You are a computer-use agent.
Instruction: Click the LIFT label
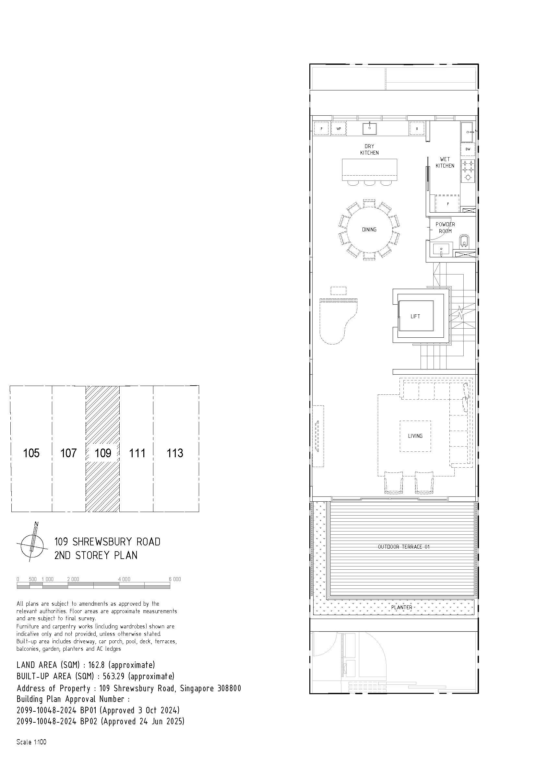415,316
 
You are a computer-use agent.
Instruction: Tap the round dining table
369,229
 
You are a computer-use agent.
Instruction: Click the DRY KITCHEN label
369,149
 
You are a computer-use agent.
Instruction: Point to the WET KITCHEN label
445,162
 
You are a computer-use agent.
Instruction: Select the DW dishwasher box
468,149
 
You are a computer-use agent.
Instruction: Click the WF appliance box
339,129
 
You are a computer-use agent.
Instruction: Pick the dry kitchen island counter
370,170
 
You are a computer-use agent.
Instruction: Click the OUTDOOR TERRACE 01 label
404,547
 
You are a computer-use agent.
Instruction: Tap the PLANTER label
401,607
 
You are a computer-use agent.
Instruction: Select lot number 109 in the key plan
103,453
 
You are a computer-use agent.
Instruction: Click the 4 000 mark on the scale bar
124,579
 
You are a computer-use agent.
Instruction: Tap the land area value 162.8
96,665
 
